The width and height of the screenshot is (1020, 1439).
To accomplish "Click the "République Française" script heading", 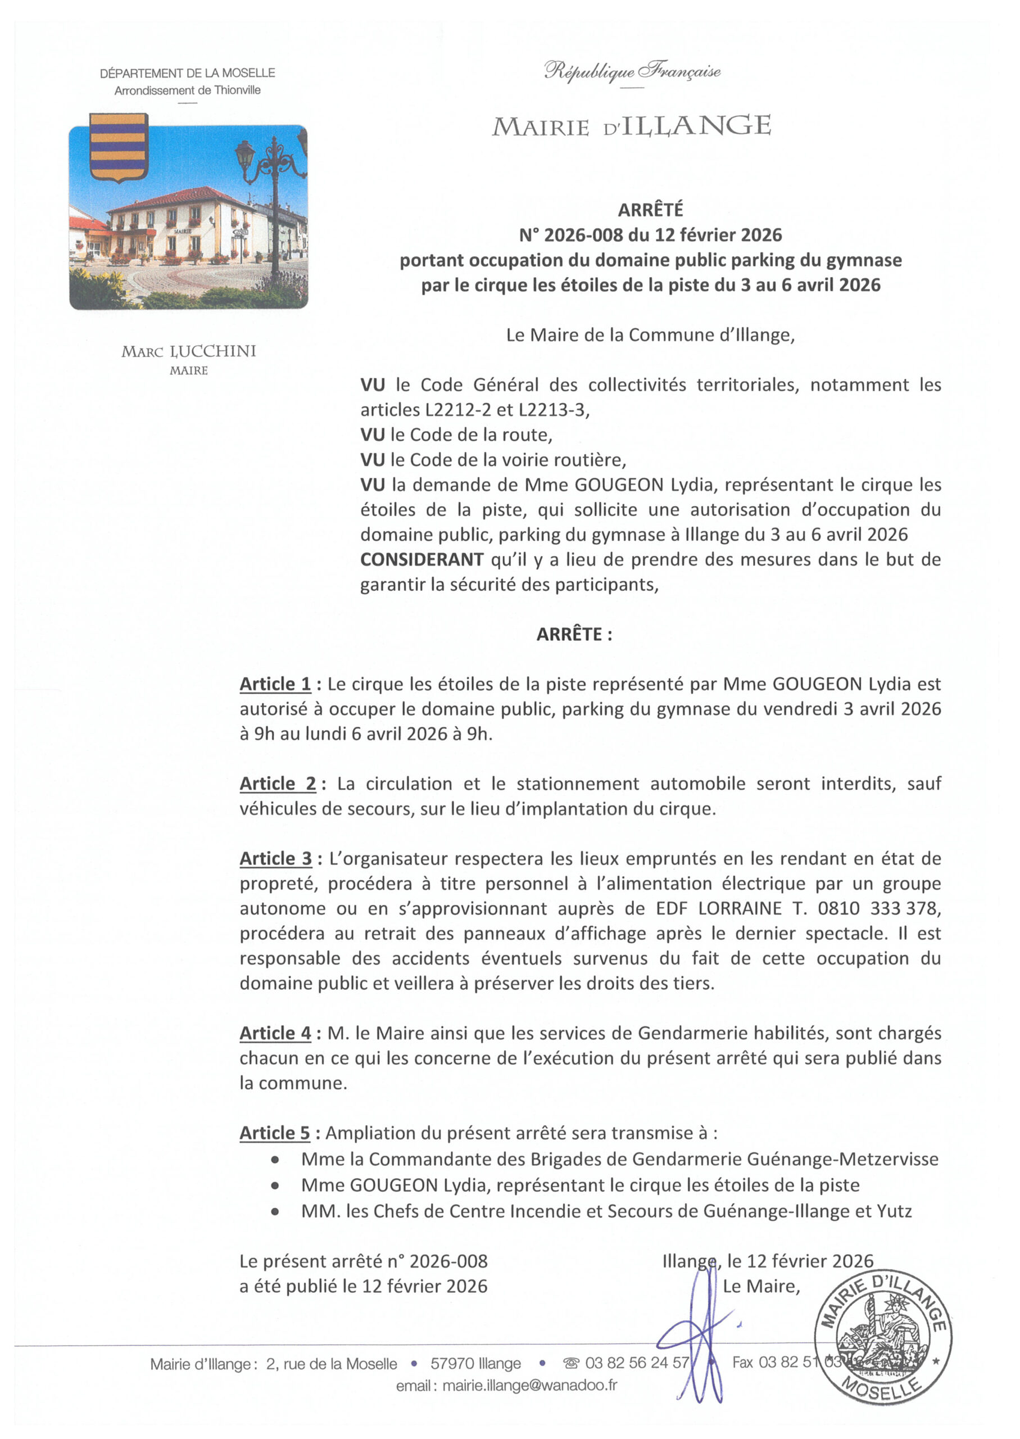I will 632,71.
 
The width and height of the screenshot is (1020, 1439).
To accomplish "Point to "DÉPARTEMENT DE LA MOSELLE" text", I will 187,73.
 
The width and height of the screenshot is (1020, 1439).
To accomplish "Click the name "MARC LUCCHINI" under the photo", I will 188,351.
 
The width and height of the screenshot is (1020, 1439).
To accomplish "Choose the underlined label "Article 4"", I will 275,1033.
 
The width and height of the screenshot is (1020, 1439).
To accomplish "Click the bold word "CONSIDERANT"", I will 421,559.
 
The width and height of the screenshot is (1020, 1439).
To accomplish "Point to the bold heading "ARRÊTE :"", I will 573,635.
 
